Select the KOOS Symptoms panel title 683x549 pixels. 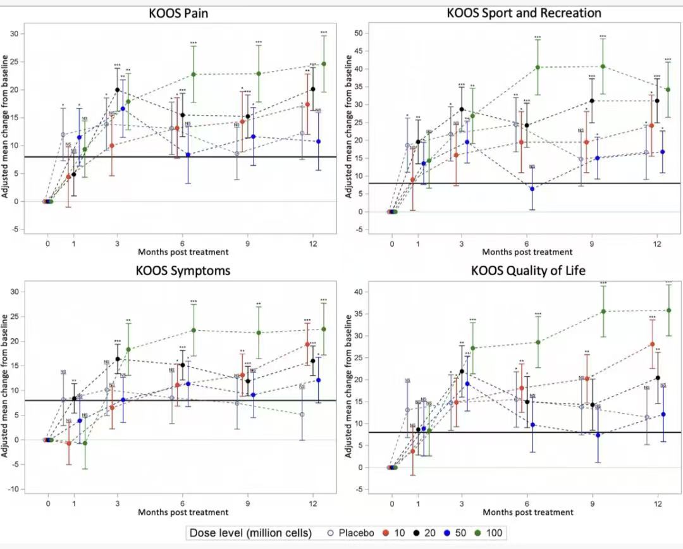[x=183, y=271]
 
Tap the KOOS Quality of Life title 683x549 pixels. [x=529, y=271]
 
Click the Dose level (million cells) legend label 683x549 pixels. [x=251, y=533]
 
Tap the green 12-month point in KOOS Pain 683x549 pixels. [x=324, y=64]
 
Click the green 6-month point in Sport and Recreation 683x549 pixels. [x=538, y=67]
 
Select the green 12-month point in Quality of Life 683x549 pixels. [x=668, y=310]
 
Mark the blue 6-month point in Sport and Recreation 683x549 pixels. [x=532, y=188]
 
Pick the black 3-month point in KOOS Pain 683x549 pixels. [x=118, y=90]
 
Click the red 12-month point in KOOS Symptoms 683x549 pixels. [x=307, y=344]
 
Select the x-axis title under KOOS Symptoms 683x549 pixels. [x=183, y=512]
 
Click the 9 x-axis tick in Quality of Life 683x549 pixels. [x=591, y=503]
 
